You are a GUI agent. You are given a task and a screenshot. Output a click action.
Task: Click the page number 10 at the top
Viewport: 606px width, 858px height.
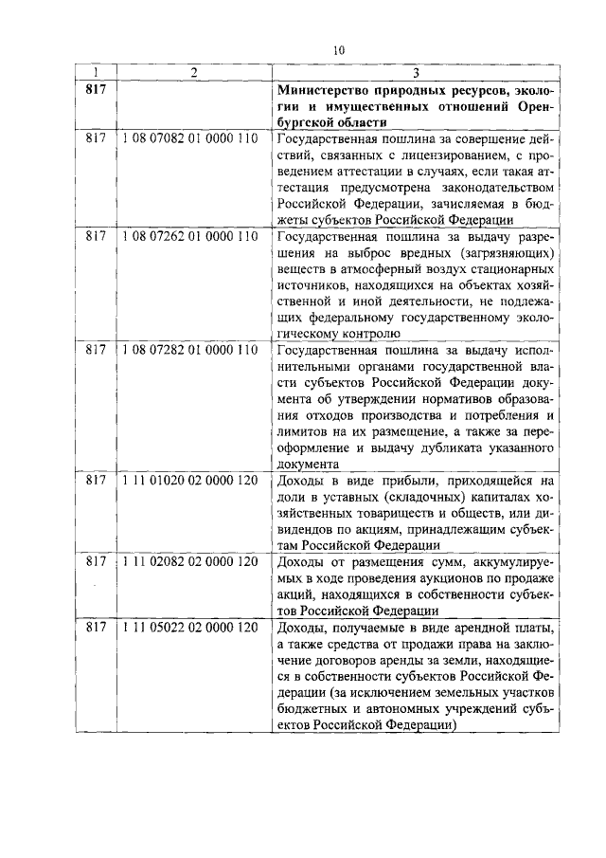tap(339, 50)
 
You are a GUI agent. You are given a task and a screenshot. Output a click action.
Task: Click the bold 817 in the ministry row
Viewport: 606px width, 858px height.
tap(95, 90)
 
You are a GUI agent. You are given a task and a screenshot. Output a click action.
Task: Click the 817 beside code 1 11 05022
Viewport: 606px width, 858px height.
tap(95, 628)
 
